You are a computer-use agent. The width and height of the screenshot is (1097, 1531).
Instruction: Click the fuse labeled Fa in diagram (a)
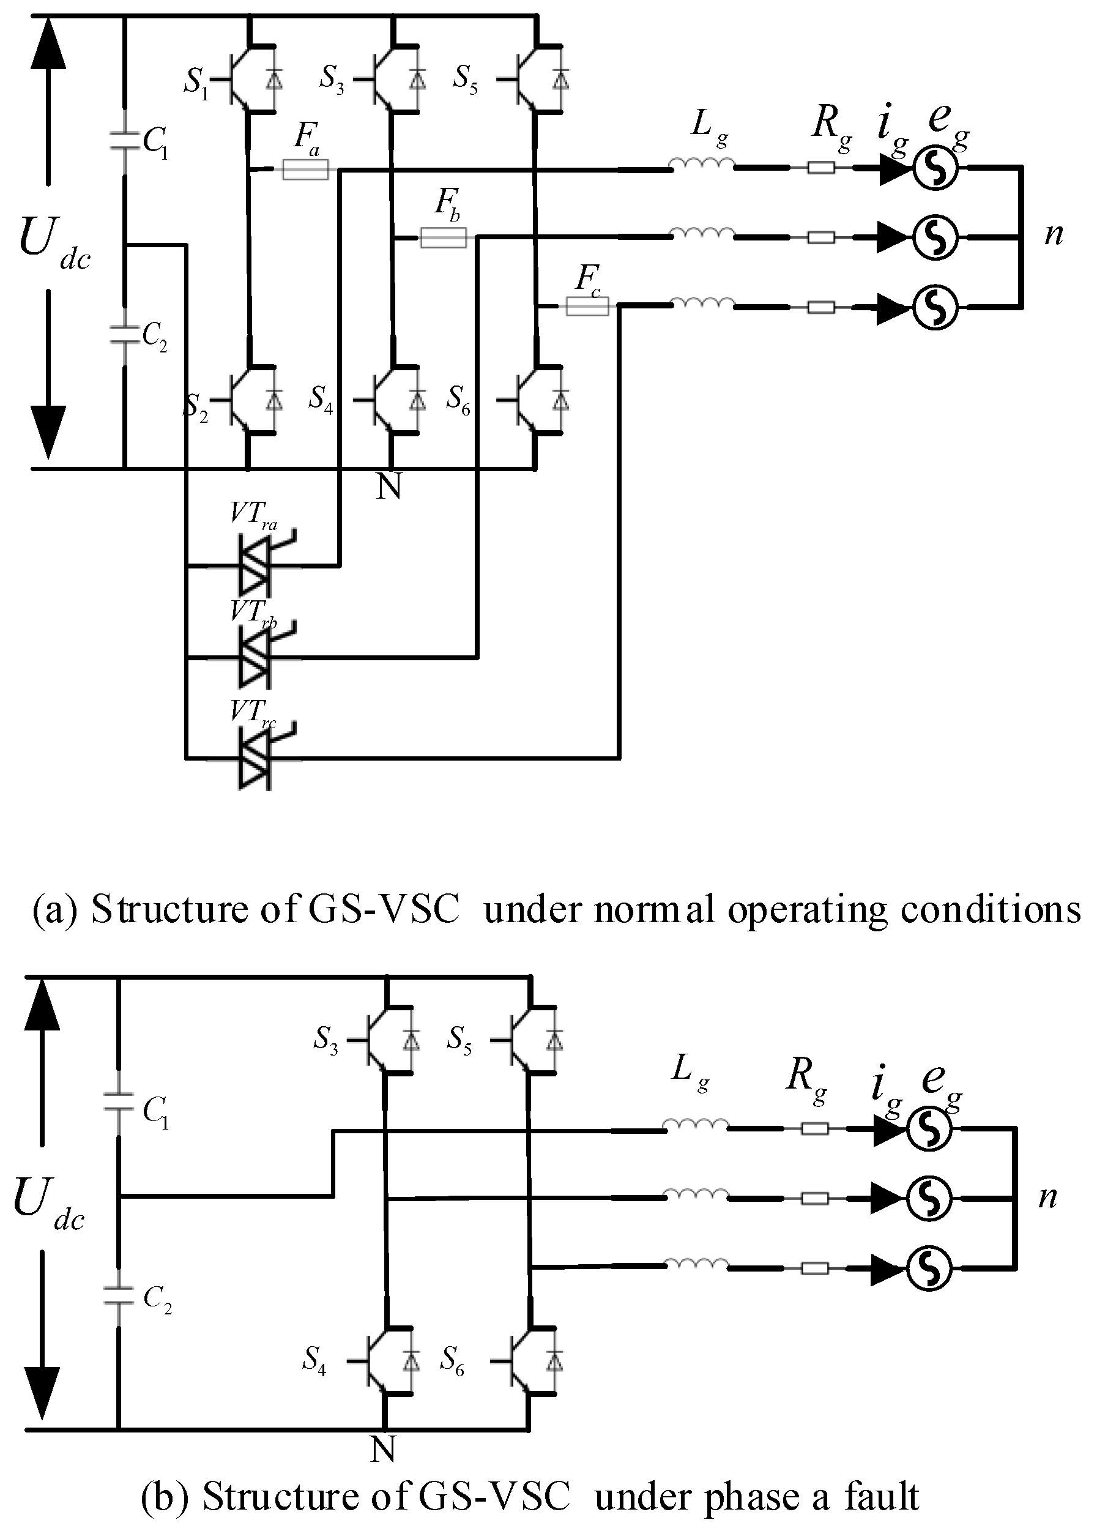coord(305,169)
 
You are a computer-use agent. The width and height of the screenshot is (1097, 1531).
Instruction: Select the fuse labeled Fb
coord(443,237)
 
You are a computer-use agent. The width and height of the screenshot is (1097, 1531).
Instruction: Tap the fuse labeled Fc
coord(587,307)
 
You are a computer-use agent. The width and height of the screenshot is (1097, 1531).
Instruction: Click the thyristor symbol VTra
coord(255,565)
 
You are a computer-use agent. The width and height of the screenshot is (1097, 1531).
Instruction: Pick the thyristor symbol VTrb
coord(255,656)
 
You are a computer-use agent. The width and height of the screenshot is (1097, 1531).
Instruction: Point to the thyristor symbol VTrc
coord(255,758)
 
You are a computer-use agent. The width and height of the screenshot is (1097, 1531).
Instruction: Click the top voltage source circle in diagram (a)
coord(935,169)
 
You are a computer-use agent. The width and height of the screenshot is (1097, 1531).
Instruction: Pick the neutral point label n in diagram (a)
coord(1053,234)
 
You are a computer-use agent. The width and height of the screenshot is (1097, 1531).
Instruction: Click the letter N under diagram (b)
coord(383,1448)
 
